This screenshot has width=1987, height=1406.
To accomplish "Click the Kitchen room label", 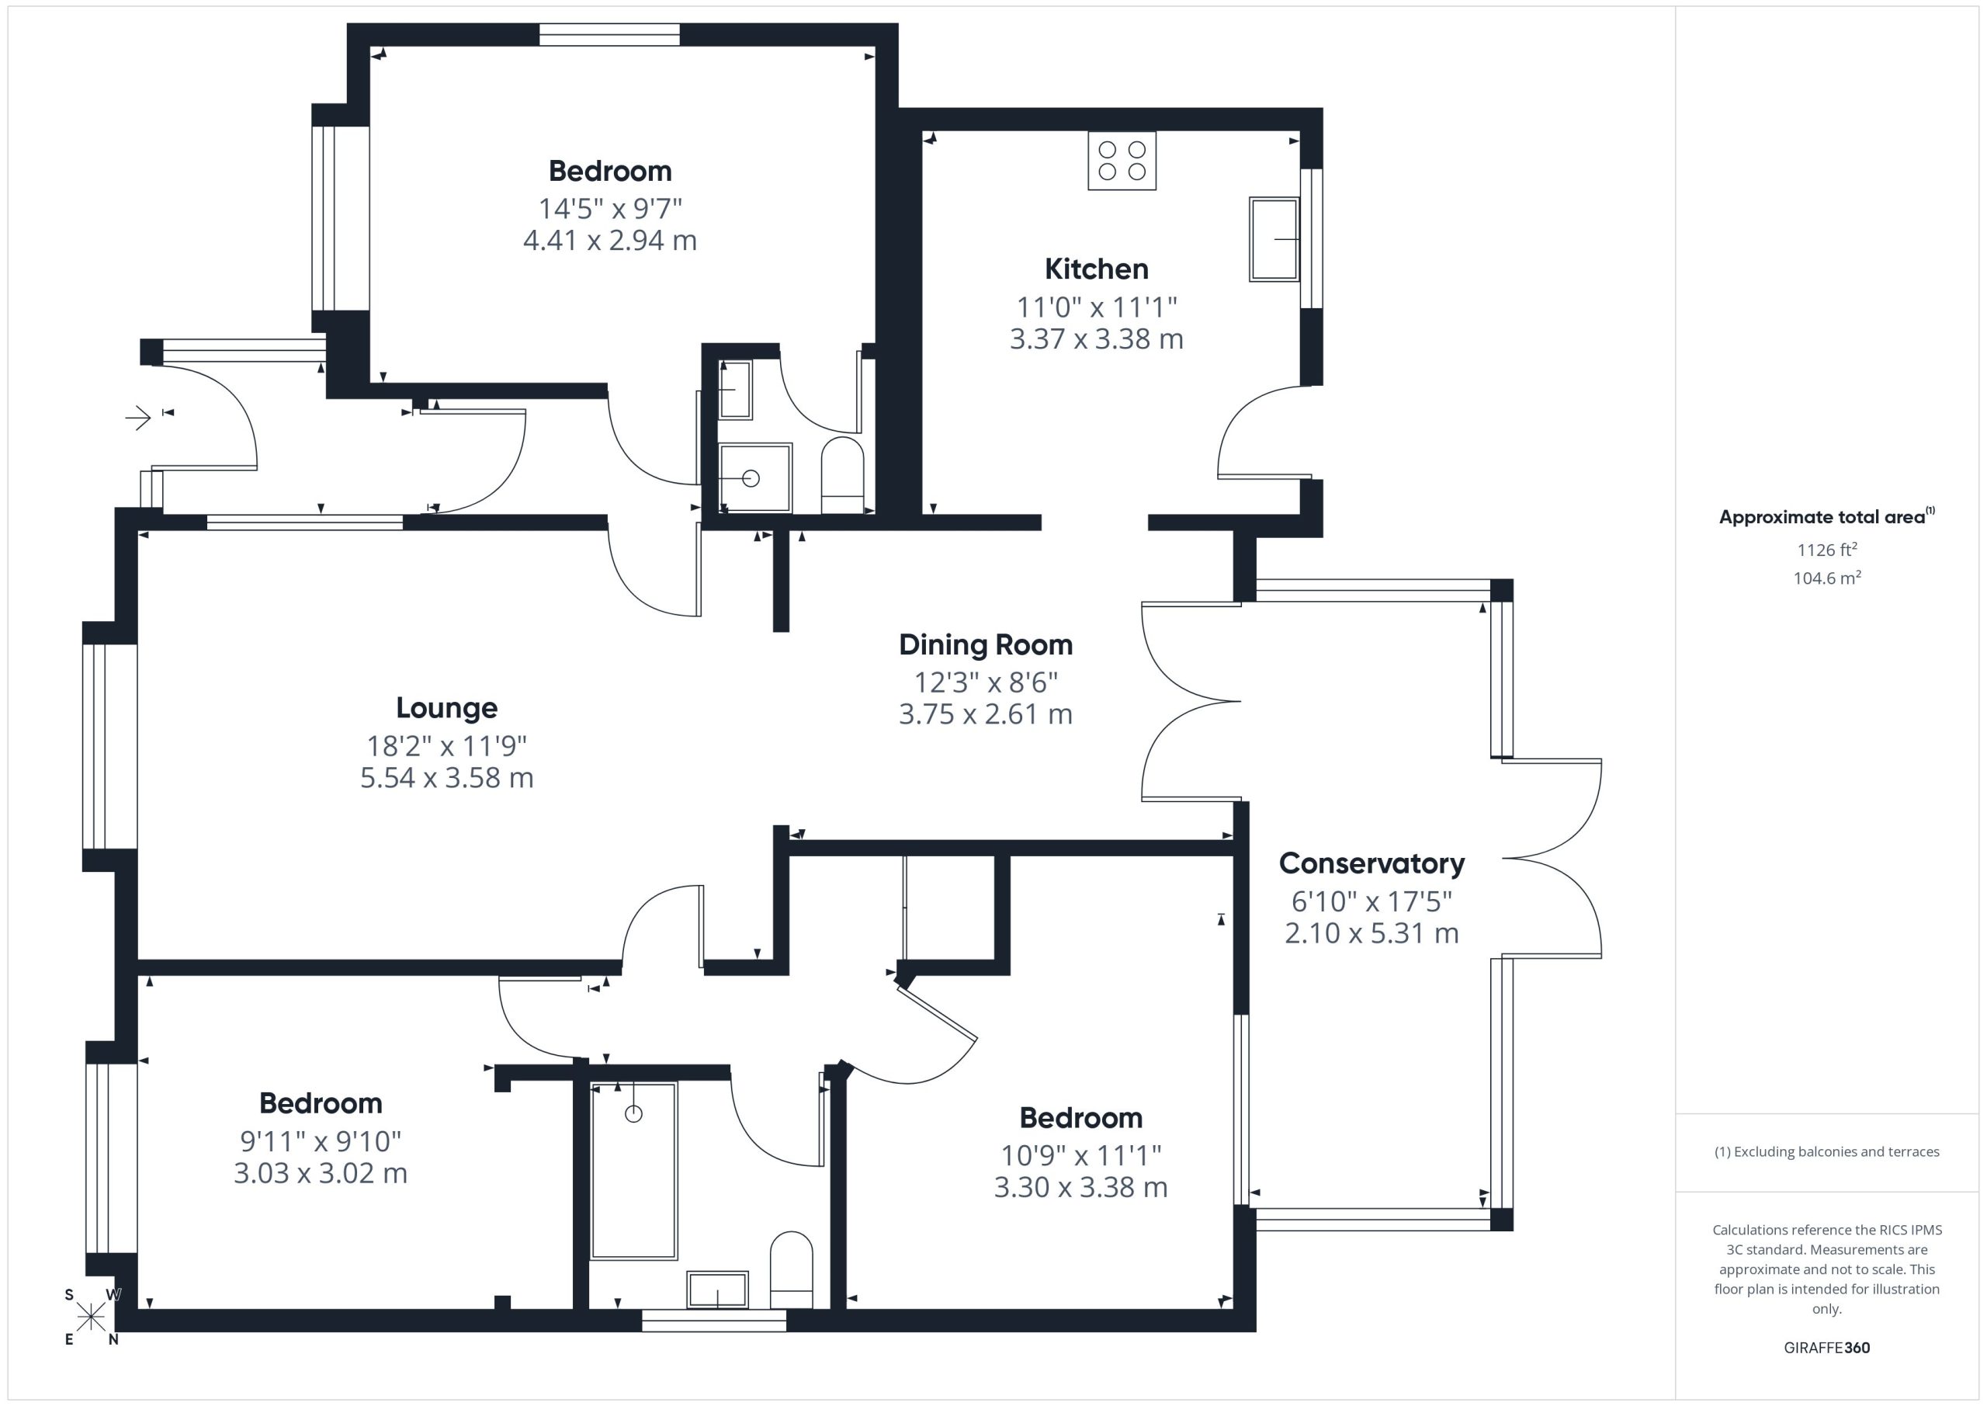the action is (x=1097, y=269).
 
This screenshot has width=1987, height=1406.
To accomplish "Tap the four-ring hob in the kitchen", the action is (x=1122, y=161).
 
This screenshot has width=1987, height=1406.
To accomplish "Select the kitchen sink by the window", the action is (x=1274, y=239).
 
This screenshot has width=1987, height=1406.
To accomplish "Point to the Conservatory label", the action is (x=1371, y=863).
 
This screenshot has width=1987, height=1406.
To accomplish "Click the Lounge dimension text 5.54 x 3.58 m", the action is (x=446, y=777).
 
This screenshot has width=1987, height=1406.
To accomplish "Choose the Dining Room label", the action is (x=986, y=645).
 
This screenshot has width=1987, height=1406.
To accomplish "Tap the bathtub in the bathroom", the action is (x=633, y=1171).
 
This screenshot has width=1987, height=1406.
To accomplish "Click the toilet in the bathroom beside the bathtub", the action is (x=791, y=1270).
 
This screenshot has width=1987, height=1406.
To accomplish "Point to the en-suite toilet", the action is (x=842, y=475).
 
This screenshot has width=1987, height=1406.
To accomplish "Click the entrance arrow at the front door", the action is (x=138, y=419).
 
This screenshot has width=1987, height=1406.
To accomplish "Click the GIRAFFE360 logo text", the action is (x=1827, y=1348).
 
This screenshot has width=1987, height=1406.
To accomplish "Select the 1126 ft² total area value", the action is (x=1827, y=550).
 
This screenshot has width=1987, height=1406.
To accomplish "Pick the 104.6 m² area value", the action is (x=1827, y=578).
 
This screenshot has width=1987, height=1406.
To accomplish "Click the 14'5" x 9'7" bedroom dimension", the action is (x=610, y=209).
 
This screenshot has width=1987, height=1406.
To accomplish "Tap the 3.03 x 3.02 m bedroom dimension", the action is (x=321, y=1173).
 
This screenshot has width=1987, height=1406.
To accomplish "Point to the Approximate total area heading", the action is (x=1827, y=517).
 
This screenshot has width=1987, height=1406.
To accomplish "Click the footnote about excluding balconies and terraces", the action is (x=1827, y=1151).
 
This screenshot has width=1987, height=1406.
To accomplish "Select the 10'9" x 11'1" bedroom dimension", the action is (x=1081, y=1155).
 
